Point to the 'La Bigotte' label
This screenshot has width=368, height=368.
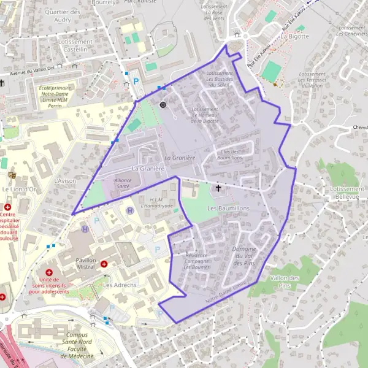295,36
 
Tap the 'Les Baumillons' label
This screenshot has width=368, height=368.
229,209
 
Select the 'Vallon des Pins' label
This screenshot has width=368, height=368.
284,282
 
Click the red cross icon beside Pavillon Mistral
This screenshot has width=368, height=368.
104,264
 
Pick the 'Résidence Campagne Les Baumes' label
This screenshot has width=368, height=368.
191,261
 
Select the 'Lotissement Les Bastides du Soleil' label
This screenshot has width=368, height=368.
220,79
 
